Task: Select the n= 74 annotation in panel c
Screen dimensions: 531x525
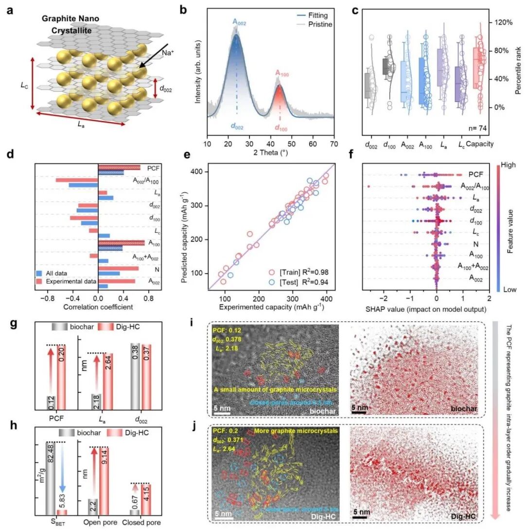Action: click(x=478, y=129)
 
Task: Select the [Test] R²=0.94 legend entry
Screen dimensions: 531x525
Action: click(x=297, y=281)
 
